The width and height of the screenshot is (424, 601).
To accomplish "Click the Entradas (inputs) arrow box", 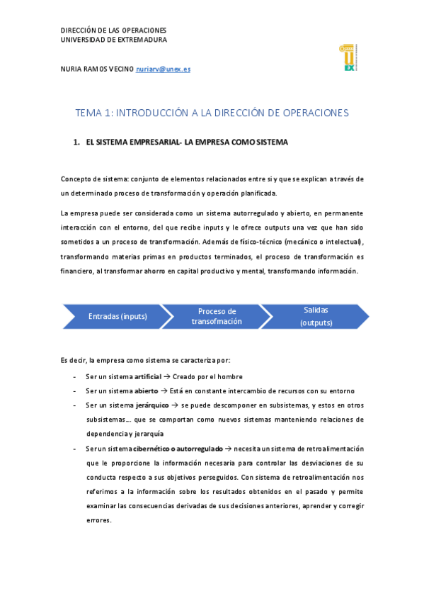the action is click(118, 316).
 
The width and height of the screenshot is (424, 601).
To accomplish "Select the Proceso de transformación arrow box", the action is click(217, 316).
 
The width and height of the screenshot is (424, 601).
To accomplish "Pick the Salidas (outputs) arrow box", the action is click(316, 316).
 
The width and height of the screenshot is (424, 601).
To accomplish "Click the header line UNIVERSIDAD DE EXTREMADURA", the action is click(114, 40).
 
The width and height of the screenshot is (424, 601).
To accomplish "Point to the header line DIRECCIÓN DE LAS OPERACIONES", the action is click(113, 30).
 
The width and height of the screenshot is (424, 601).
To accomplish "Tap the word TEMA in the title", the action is click(88, 113).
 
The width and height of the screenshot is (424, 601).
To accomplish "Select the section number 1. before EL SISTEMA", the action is click(76, 142).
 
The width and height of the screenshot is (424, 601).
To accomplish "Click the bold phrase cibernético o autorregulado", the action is click(178, 448).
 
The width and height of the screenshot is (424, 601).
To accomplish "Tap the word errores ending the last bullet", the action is click(98, 519).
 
